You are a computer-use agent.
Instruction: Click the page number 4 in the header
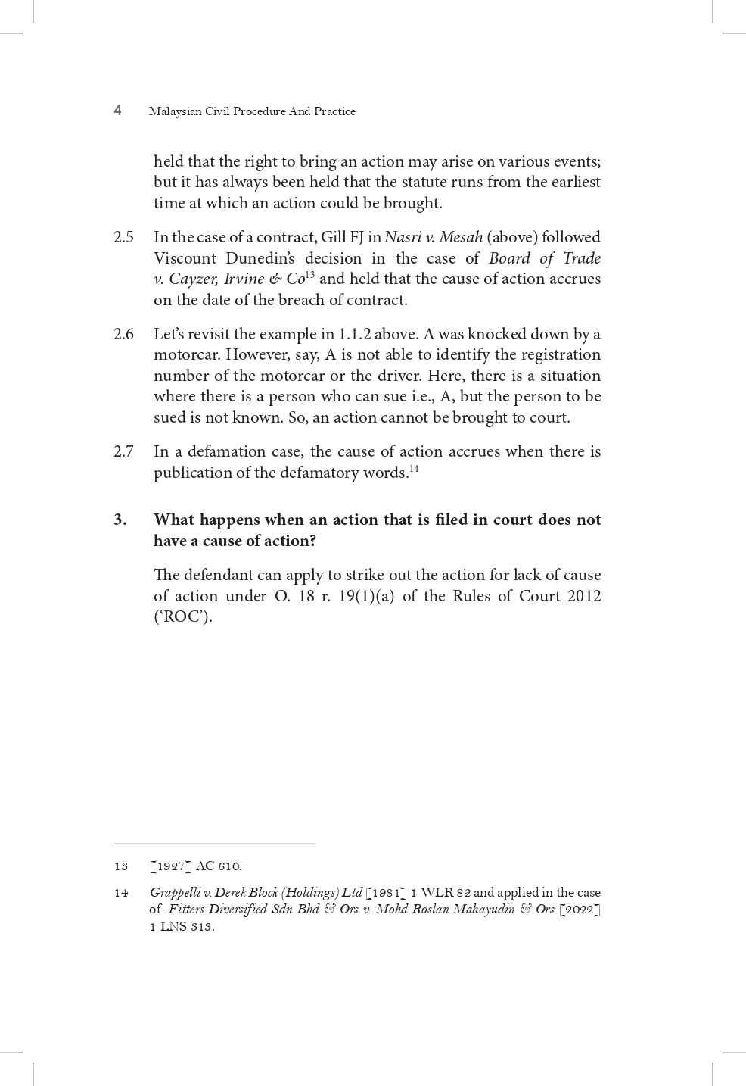tap(117, 111)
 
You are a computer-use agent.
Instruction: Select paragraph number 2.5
tap(123, 237)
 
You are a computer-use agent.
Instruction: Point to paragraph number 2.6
tap(123, 334)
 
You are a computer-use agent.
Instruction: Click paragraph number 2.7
tap(123, 451)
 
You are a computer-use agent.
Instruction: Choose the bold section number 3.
tap(120, 520)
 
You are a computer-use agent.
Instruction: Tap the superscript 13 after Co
tap(309, 275)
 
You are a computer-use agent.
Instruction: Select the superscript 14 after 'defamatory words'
tap(414, 469)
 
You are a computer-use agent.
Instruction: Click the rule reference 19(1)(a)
tap(366, 596)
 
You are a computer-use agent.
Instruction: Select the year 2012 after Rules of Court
tap(584, 596)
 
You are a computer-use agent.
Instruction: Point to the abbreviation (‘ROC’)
tap(182, 616)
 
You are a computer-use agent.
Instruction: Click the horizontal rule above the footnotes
tap(214, 843)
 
